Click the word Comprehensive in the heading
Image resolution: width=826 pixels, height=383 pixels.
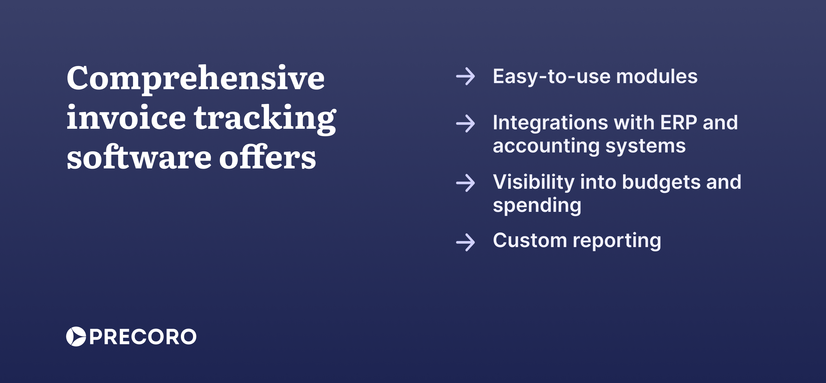tap(195, 78)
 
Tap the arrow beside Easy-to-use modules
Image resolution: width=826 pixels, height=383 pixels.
tap(465, 76)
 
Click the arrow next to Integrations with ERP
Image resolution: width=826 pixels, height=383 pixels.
tap(465, 123)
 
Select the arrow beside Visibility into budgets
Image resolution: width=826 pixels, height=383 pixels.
tap(465, 183)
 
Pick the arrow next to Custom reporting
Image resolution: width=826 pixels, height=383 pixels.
tap(465, 242)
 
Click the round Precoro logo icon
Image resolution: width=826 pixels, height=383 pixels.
tap(76, 337)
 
